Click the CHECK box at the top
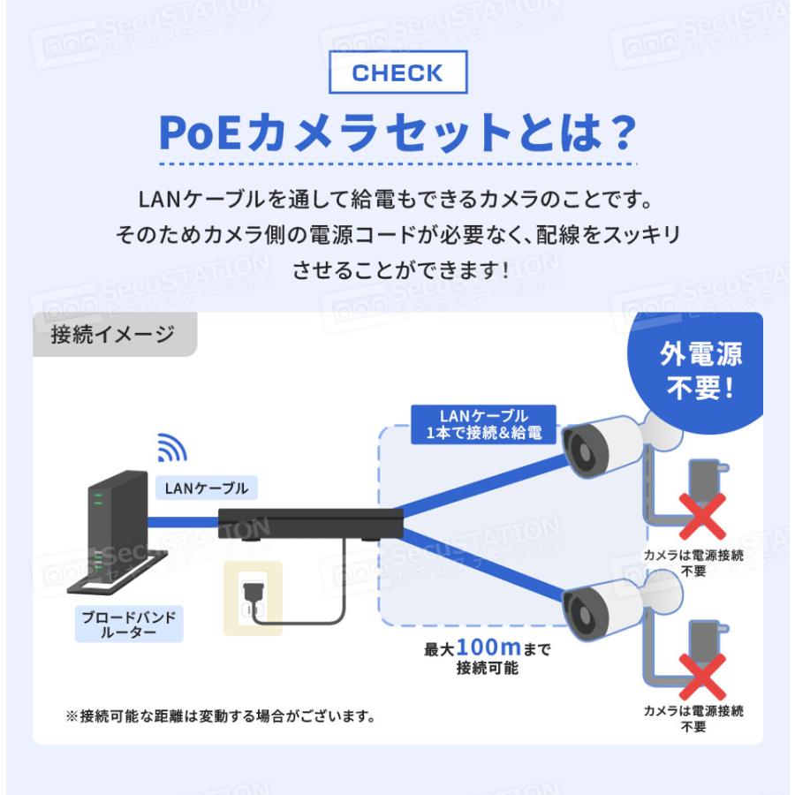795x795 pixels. point(397,73)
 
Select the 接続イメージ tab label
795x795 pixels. point(112,335)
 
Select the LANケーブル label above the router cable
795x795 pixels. point(201,487)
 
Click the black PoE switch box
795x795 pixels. point(308,524)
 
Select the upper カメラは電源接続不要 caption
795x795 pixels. point(693,563)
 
